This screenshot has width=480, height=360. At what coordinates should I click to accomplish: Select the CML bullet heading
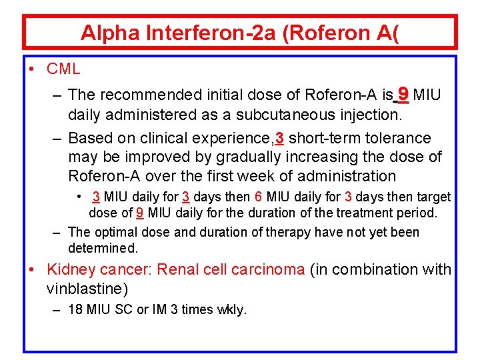pyautogui.click(x=63, y=68)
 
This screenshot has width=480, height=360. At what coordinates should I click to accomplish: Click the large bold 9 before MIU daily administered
pyautogui.click(x=403, y=94)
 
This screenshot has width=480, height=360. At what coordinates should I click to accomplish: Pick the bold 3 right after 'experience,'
pyautogui.click(x=280, y=138)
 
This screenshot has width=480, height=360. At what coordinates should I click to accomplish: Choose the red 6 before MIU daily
pyautogui.click(x=259, y=197)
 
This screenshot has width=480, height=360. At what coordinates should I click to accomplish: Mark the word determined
pyautogui.click(x=103, y=248)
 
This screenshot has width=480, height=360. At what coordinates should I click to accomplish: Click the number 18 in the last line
pyautogui.click(x=76, y=309)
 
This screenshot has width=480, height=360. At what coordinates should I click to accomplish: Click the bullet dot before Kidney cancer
pyautogui.click(x=32, y=269)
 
